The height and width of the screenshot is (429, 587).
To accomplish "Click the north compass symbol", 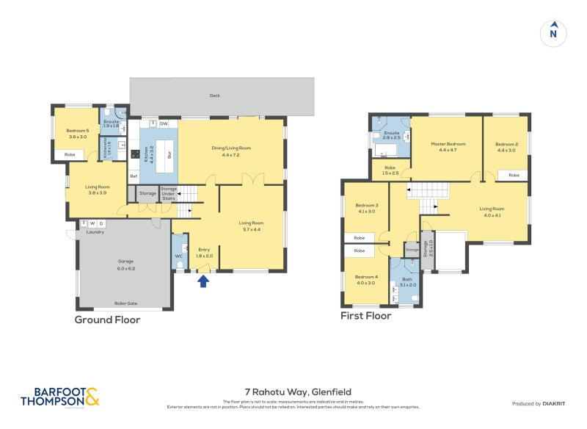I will (554, 32).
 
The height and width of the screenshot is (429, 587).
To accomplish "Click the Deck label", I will (214, 95).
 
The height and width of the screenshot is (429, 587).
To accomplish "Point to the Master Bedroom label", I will (448, 146).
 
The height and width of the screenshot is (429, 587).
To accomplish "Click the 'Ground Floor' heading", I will (107, 320).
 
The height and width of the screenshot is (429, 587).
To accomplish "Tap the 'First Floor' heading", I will (365, 316).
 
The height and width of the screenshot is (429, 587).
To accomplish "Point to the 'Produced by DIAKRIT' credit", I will (538, 403).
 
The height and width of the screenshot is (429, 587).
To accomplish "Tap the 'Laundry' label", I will (95, 232).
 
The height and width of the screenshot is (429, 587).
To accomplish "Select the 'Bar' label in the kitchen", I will (169, 155).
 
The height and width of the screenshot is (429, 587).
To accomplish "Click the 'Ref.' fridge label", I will (134, 176).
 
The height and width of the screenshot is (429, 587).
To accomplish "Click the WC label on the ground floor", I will (178, 256).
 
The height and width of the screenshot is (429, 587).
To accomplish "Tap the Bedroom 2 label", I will (506, 146).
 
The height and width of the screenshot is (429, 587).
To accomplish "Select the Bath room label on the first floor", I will (407, 282).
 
